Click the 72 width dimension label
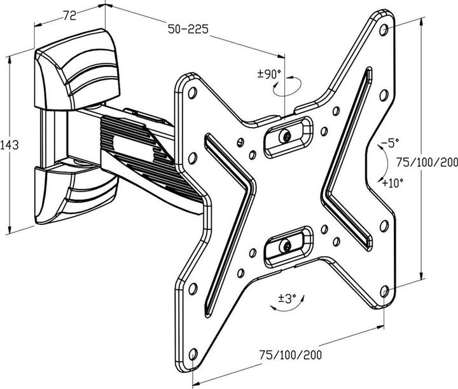tap(70, 15)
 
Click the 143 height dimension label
tap(9, 145)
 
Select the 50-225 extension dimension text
tap(188, 29)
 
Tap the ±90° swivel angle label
tap(269, 74)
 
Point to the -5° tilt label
tap(390, 143)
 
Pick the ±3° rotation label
tap(287, 299)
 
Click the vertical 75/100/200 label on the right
tap(427, 162)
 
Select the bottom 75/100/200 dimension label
tap(291, 355)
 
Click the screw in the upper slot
tap(286, 136)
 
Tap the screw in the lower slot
tap(286, 245)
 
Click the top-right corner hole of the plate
tap(384, 30)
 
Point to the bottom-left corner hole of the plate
tap(193, 354)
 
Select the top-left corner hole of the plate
tap(192, 93)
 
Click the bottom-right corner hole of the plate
tap(384, 291)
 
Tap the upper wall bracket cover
tap(76, 70)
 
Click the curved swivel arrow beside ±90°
tap(287, 86)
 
